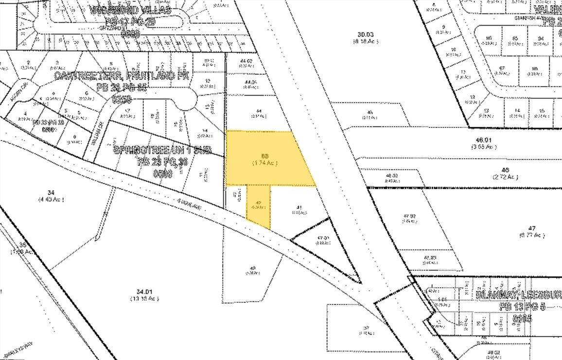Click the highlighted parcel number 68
(264, 155)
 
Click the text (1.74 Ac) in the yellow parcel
(264, 163)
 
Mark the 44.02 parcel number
(247, 61)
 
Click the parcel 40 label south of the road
(252, 268)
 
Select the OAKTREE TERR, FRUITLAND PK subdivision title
(123, 76)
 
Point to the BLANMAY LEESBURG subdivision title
(518, 294)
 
